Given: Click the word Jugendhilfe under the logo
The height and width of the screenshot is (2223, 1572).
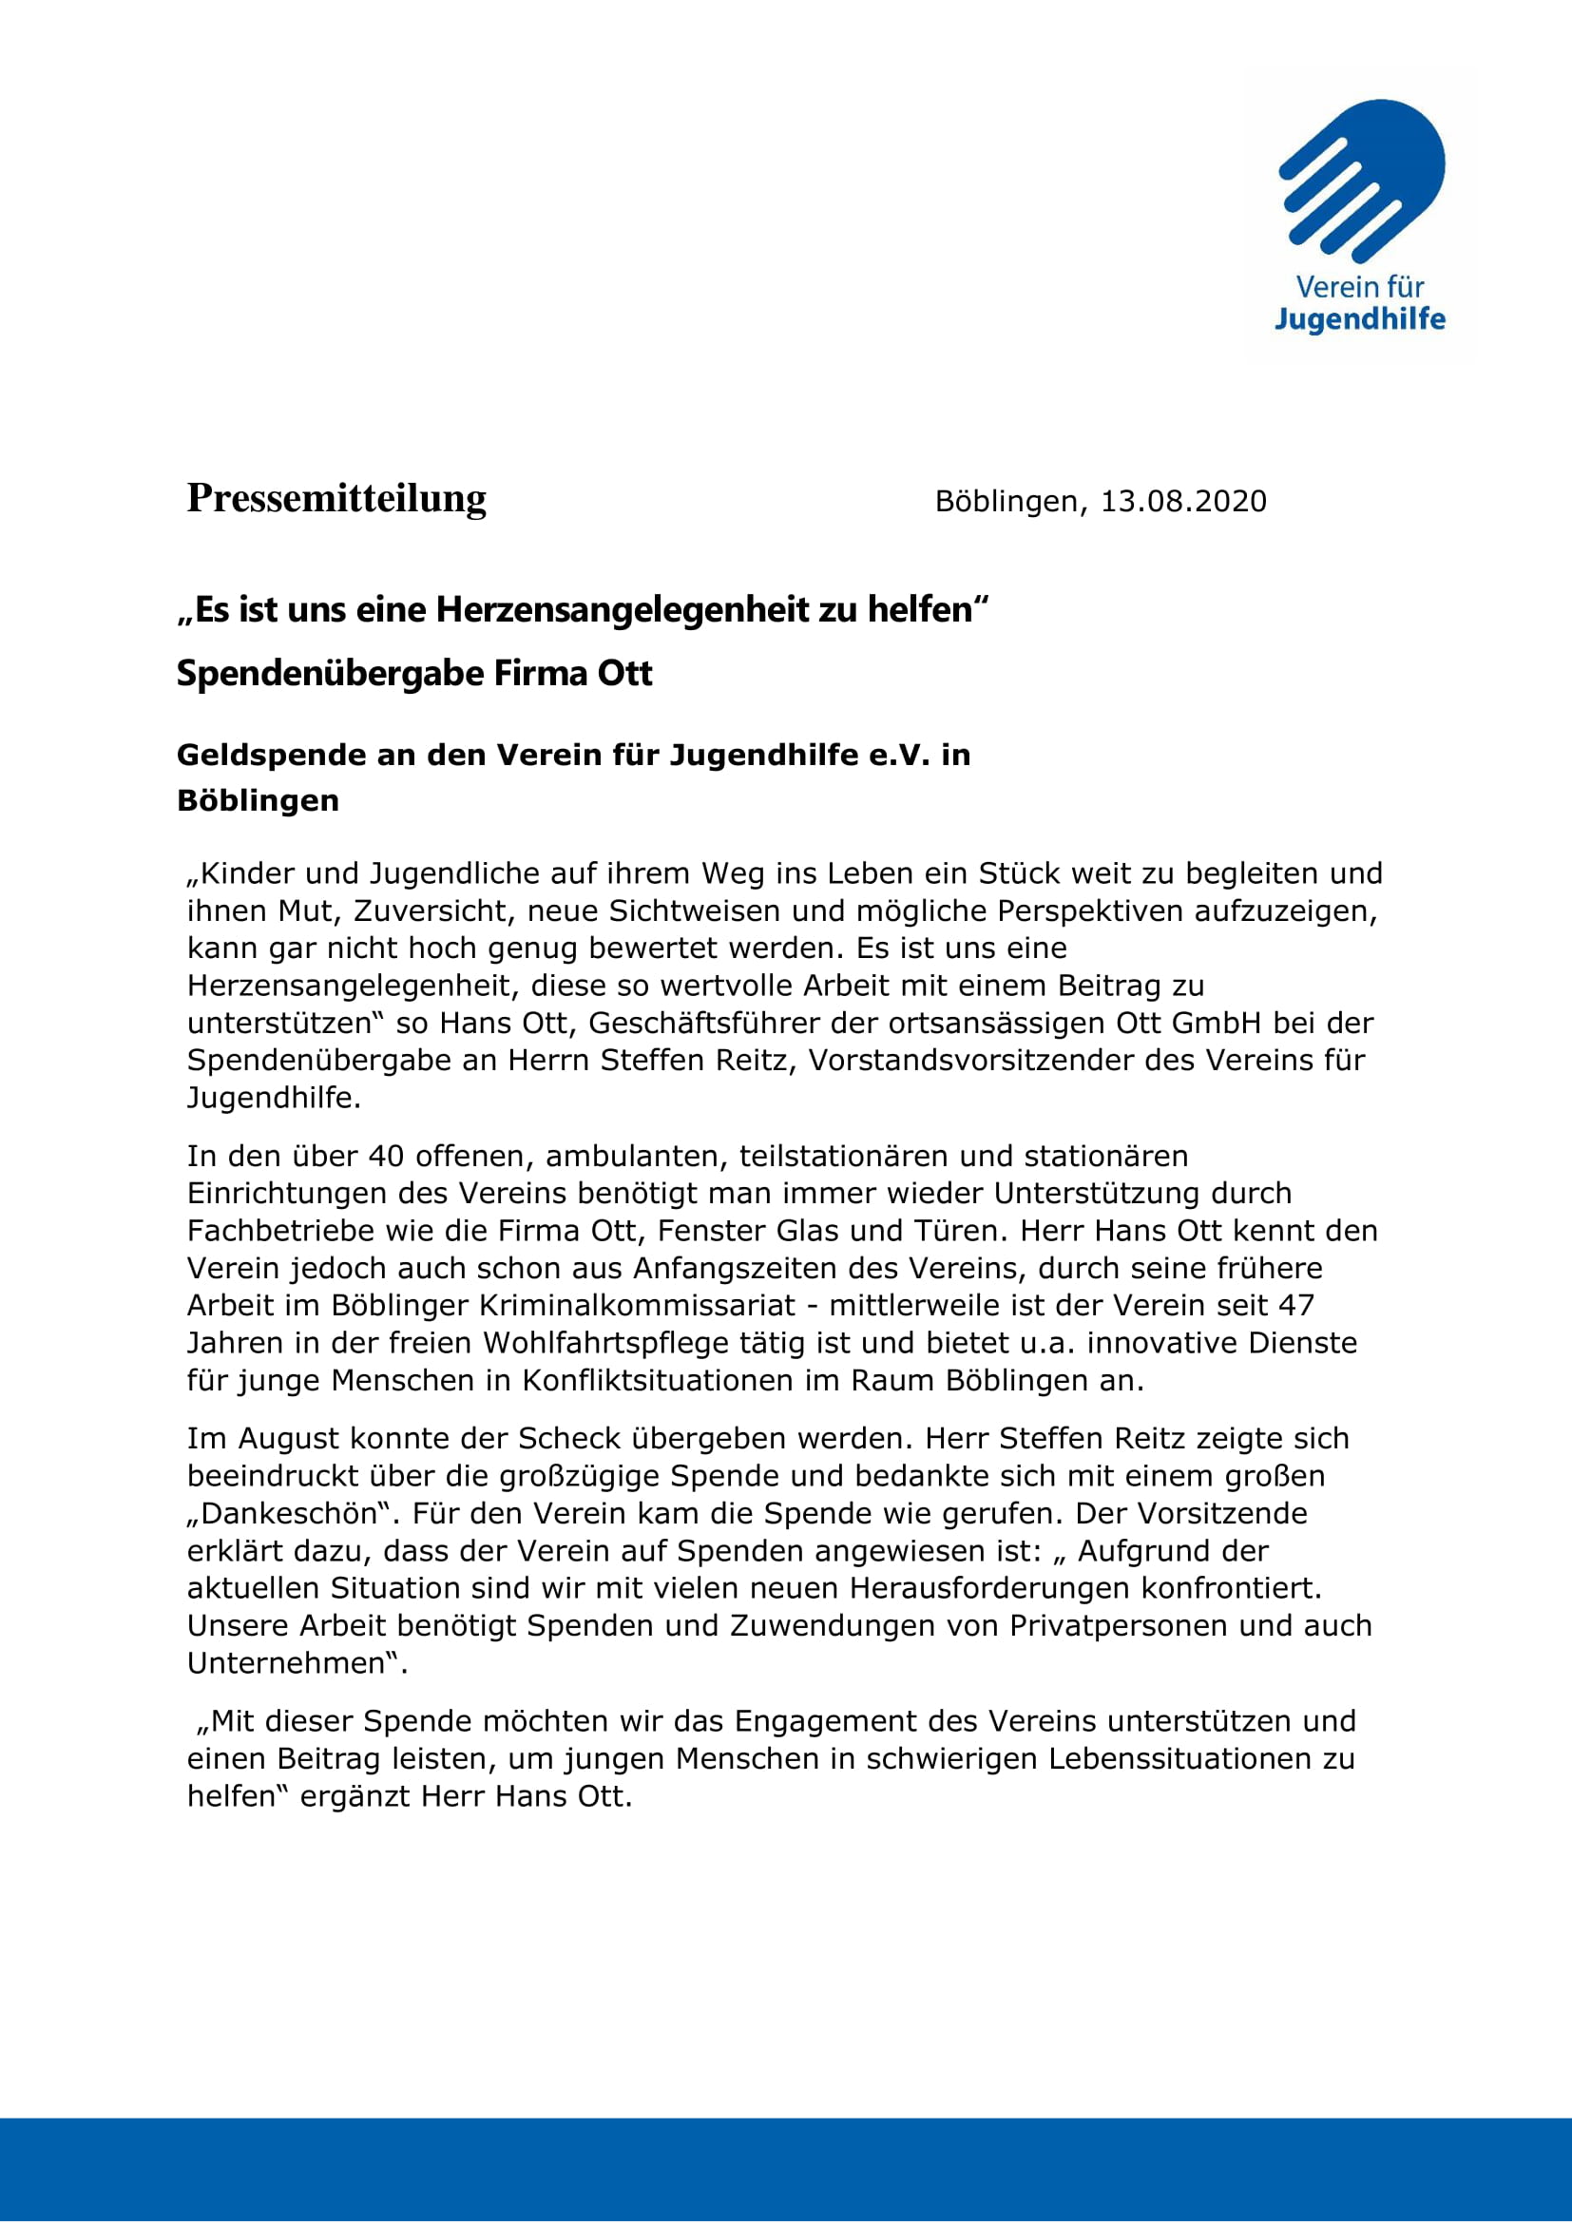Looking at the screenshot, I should tap(1359, 319).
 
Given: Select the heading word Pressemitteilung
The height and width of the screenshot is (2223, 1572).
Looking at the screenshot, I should tap(336, 499).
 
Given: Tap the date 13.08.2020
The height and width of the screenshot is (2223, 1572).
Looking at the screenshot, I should tap(1183, 502).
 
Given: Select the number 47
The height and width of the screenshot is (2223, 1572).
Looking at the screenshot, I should tap(1296, 1305).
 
